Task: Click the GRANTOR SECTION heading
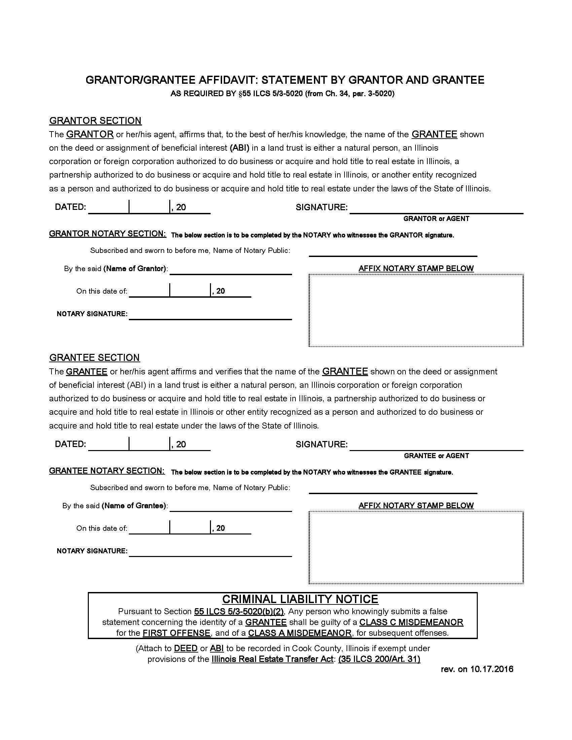tap(95, 121)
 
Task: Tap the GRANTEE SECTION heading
tap(95, 358)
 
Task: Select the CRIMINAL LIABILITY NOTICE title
tap(300, 599)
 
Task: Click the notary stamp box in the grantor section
tap(416, 310)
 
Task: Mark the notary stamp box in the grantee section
tap(416, 548)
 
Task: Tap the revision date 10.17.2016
tap(491, 669)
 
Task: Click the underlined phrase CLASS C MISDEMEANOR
tap(411, 622)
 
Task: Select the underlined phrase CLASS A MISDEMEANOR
tap(300, 633)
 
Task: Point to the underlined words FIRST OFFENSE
tap(177, 633)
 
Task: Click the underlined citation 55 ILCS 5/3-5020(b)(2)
tap(239, 612)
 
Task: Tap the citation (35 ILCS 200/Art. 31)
tap(379, 659)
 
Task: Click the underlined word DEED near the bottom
tap(186, 649)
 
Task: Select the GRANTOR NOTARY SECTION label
tap(107, 234)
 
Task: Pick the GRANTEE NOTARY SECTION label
tap(107, 471)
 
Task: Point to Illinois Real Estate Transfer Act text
tap(273, 659)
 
